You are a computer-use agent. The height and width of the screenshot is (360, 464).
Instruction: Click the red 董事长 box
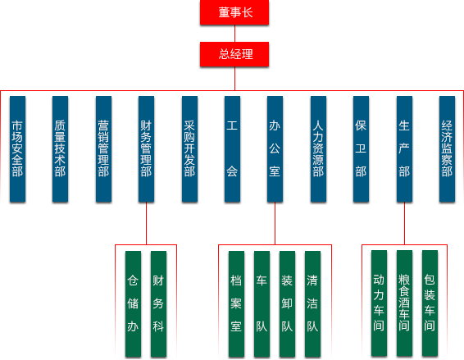(x=234, y=12)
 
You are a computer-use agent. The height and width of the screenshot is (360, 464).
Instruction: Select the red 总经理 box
(x=234, y=54)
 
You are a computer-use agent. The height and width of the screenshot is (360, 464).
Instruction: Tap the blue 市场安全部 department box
(x=17, y=149)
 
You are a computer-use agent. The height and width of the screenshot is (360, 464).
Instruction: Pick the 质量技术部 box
(x=60, y=149)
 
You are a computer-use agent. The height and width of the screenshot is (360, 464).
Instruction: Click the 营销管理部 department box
(x=103, y=149)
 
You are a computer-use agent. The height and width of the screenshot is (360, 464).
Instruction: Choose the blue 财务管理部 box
(x=146, y=149)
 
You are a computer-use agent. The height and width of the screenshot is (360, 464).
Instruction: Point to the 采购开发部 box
(x=189, y=149)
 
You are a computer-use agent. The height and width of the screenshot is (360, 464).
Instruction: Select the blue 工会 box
(x=232, y=149)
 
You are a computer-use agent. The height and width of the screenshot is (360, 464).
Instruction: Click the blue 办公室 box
(x=275, y=149)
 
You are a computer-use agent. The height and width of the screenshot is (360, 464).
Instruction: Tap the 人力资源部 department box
(x=318, y=149)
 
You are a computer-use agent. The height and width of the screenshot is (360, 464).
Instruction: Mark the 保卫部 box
(x=361, y=149)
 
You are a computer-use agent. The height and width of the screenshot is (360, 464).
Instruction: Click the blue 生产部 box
(x=404, y=149)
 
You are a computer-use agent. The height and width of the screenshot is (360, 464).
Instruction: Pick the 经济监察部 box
(x=447, y=149)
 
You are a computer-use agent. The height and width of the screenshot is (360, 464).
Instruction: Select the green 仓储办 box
(x=133, y=304)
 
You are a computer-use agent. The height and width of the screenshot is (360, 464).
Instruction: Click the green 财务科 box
(x=158, y=304)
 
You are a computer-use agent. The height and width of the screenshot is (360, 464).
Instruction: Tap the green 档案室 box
(x=236, y=304)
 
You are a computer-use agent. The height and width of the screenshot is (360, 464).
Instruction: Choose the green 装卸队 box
(x=288, y=304)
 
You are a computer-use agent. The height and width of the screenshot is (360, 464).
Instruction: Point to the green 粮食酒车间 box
(x=404, y=303)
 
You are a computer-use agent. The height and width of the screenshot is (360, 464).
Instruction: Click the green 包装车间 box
(x=430, y=303)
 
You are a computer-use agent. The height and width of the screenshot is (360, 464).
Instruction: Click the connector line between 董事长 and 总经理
(x=234, y=34)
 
